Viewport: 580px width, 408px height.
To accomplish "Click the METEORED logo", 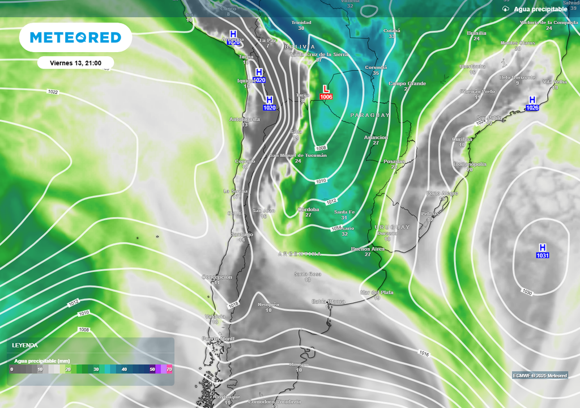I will point(75,37).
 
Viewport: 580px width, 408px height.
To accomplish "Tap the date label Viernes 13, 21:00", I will point(76,63).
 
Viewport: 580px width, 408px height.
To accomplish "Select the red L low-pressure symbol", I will point(326,89).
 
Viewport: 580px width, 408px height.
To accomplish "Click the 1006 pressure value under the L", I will point(326,97).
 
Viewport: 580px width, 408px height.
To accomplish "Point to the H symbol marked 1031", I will point(543,248).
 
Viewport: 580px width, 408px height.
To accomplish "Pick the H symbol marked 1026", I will point(532,100).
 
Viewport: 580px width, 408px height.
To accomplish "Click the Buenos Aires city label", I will point(368,249).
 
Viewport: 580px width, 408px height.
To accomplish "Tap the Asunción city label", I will point(376,138).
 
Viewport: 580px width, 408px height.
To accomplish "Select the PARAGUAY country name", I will point(370,115).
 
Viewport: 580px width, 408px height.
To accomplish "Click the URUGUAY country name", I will point(392,227).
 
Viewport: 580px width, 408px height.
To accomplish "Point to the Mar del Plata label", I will point(377,292).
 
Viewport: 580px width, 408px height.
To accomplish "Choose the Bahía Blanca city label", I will point(329,301).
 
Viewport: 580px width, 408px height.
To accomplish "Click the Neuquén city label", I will point(268,304).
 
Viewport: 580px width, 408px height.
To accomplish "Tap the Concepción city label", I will point(217,277).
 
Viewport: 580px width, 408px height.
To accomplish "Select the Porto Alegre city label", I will point(442,193).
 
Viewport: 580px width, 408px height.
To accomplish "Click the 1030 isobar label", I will point(527,292).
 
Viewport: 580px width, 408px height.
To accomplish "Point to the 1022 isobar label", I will point(53,91).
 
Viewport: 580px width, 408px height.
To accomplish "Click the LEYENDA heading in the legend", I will point(25,345).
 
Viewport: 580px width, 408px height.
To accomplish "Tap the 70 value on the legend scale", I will point(169,369).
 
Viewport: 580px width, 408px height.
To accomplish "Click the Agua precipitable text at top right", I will point(540,10).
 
